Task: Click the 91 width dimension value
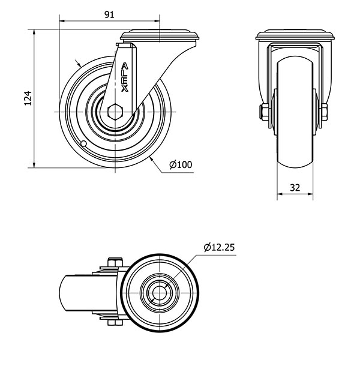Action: coord(109,15)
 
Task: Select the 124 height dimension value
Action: coord(28,98)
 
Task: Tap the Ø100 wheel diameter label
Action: coord(181,164)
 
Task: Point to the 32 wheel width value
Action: coord(295,187)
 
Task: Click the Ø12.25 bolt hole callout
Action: coord(219,247)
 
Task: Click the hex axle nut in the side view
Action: coord(115,112)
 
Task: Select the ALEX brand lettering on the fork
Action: coord(125,77)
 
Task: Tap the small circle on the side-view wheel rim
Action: coord(83,143)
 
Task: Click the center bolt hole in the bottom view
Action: coord(160,293)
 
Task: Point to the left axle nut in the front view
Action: coord(265,112)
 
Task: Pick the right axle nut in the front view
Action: coord(324,112)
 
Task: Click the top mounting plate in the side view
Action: coord(160,36)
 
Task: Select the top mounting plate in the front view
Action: coord(295,35)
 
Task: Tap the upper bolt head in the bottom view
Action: coord(115,262)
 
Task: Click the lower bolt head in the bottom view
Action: coord(115,322)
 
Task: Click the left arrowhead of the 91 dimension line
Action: coord(62,21)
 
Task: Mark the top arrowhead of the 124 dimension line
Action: coord(34,32)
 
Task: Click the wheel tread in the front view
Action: coord(295,112)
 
